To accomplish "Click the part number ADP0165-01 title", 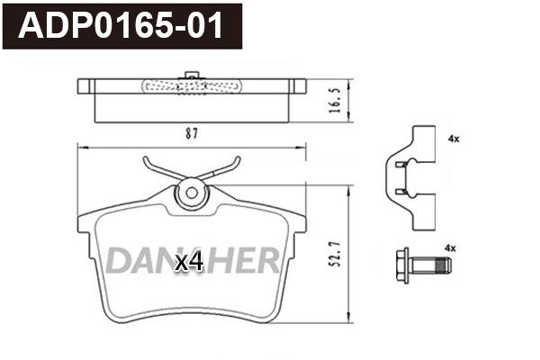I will click(124, 25).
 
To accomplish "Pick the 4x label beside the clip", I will click(453, 139).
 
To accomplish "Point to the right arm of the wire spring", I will click(226, 170).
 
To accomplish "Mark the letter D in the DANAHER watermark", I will click(118, 260).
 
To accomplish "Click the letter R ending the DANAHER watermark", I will click(266, 260).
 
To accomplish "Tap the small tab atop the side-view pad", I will click(191, 75).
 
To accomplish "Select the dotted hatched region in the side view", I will click(191, 87).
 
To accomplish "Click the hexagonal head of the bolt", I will click(403, 266).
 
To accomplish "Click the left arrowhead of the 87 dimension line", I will click(82, 147).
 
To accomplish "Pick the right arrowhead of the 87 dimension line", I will click(303, 147).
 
